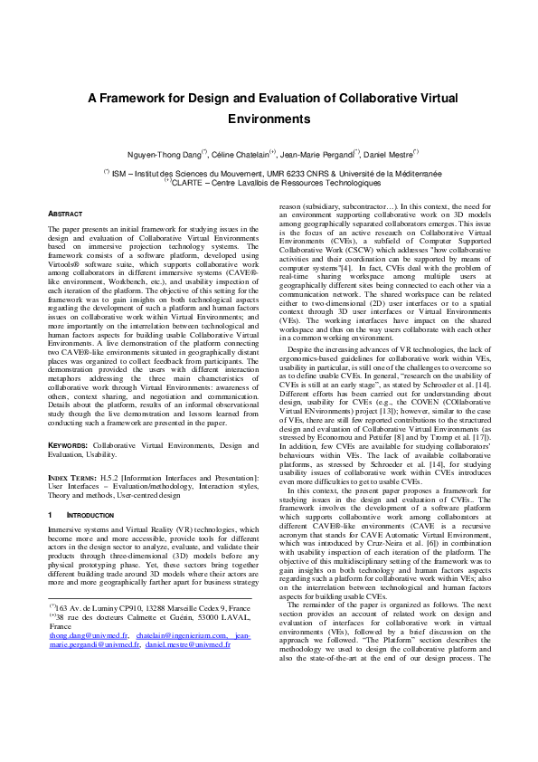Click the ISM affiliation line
271,172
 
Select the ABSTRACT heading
65,214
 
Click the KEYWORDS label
68,446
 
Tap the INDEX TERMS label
71,477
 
